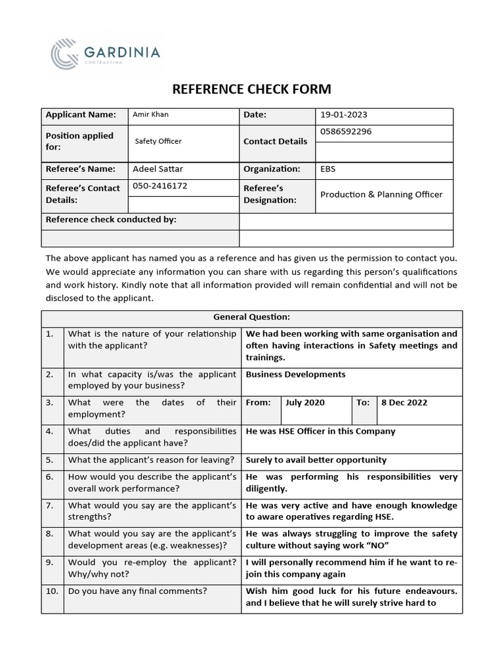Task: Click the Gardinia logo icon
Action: tap(66, 53)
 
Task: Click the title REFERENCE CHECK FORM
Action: tap(251, 89)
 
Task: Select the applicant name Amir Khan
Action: tap(150, 115)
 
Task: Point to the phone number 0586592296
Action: tap(346, 131)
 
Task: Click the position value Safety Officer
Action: tap(158, 141)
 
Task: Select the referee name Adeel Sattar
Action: tap(157, 169)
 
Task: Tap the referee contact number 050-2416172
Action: tap(159, 186)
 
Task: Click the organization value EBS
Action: tap(327, 169)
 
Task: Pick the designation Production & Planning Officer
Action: tap(381, 194)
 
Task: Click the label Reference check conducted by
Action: tap(111, 220)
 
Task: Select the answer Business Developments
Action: tap(295, 375)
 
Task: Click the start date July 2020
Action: tap(305, 403)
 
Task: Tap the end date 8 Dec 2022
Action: tap(404, 403)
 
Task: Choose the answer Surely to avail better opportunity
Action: tap(316, 460)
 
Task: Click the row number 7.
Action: tap(50, 506)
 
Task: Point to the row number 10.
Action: tap(52, 591)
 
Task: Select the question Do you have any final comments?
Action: tap(137, 591)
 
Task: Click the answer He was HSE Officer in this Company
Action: tap(320, 432)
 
